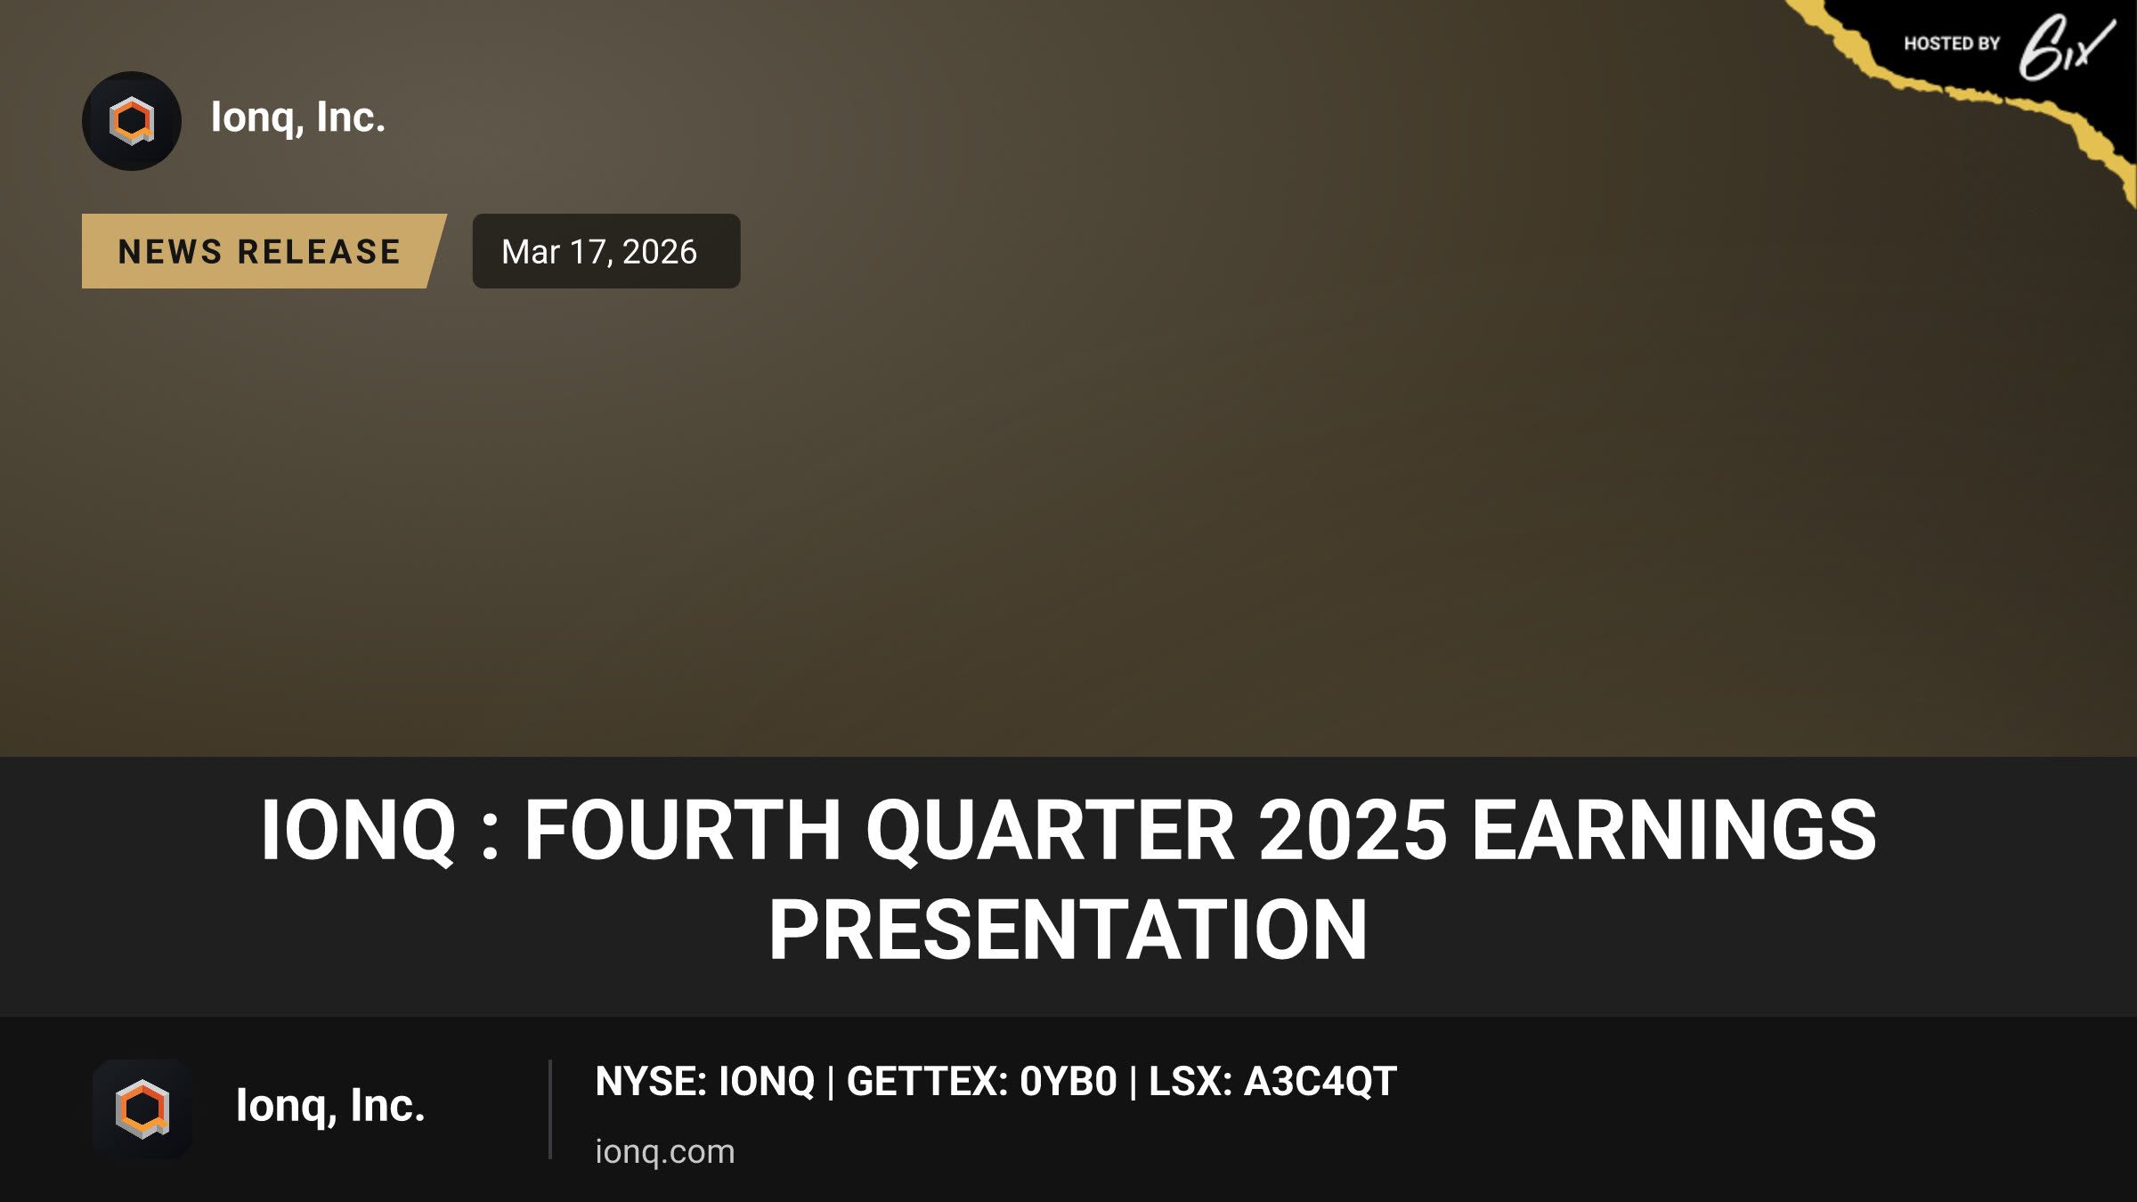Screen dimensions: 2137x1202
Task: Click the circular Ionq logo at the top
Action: (132, 121)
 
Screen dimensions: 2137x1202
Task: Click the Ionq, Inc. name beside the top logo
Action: (298, 118)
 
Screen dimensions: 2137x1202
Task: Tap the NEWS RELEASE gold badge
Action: (264, 251)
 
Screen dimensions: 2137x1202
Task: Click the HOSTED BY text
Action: (1952, 44)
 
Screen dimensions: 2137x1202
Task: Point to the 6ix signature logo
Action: (2066, 46)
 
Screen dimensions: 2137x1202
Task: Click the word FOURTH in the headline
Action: (682, 830)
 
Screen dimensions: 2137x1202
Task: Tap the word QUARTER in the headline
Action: (1050, 831)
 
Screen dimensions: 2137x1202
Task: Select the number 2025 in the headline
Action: (1353, 830)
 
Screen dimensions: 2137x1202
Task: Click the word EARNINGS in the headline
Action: (1674, 830)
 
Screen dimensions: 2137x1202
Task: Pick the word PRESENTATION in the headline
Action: (1068, 930)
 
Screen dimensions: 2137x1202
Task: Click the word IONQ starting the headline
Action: (358, 831)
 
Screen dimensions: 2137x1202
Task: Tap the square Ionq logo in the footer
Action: (142, 1109)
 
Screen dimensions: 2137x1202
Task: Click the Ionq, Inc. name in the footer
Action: (330, 1106)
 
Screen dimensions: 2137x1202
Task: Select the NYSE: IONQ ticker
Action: (704, 1081)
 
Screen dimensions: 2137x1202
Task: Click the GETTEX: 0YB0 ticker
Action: (981, 1081)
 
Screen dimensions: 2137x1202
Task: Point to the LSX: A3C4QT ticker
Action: (1272, 1081)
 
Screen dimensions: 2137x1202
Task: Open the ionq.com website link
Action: (665, 1151)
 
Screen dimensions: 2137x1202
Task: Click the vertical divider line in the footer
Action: (550, 1109)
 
